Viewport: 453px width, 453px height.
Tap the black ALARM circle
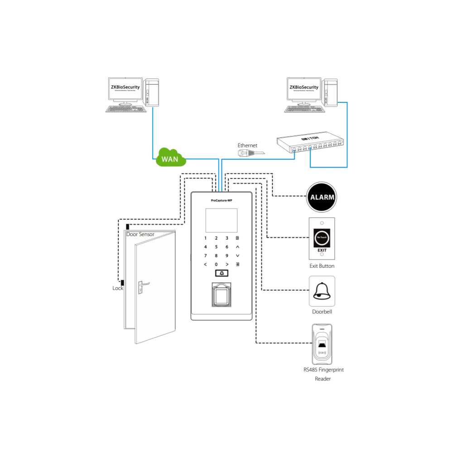[322, 198]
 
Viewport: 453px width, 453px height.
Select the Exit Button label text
[322, 266]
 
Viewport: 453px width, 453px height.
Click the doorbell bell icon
[322, 291]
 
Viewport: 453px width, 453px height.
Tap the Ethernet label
[247, 145]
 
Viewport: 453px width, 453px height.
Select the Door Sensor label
[140, 234]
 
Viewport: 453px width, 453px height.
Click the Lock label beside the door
[118, 288]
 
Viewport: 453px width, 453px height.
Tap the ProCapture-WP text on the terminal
[221, 200]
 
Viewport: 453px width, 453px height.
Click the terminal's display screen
[221, 220]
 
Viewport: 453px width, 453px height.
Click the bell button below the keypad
[222, 273]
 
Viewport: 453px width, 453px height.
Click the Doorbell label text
[322, 312]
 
